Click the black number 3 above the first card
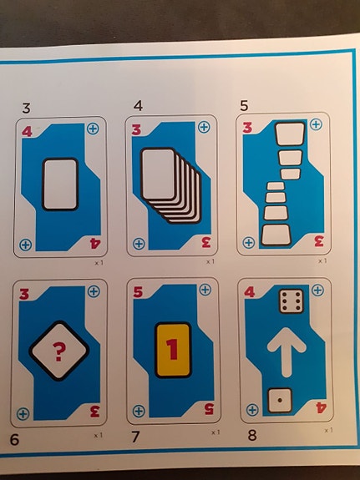[27, 108]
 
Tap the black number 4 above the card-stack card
[138, 106]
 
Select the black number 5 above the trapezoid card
[244, 106]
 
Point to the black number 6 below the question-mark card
[14, 440]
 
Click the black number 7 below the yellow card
[135, 437]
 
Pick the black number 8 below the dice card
[252, 435]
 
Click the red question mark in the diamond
[58, 351]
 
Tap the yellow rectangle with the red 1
[173, 350]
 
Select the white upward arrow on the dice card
[286, 352]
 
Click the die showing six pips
[292, 301]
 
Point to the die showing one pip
[280, 400]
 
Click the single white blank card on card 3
[60, 184]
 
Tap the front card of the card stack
[158, 174]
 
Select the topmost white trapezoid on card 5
[290, 134]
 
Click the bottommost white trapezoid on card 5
[276, 235]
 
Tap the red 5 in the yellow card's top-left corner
[138, 293]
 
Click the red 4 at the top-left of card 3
[27, 132]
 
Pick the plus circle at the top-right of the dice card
[317, 290]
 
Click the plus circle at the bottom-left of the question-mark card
[23, 414]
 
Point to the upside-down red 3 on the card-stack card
[205, 242]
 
